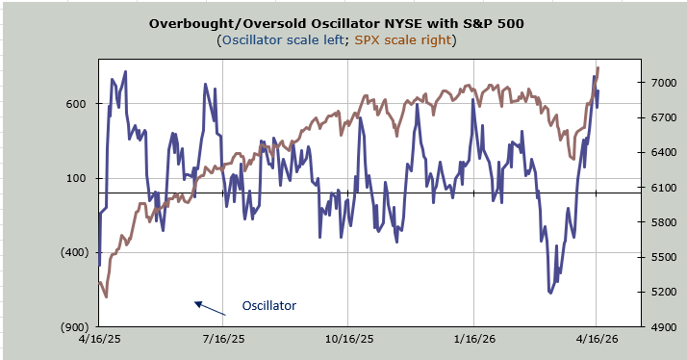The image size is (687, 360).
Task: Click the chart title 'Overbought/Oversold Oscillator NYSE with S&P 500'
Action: [336, 23]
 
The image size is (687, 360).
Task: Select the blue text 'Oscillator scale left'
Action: [283, 40]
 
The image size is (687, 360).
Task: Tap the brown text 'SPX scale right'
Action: [402, 40]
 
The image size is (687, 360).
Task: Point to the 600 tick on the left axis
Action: [77, 104]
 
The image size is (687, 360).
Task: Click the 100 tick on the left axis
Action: [77, 178]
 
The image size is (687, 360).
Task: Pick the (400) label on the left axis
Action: [74, 252]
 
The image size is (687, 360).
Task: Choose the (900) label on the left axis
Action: [74, 327]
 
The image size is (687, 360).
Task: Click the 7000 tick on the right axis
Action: [662, 83]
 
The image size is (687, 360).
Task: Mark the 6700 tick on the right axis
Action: [662, 118]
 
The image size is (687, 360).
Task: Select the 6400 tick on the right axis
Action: [662, 153]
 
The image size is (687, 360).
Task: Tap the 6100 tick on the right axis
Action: [662, 188]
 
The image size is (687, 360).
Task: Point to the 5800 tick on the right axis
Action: [662, 222]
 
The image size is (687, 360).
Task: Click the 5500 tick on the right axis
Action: [662, 257]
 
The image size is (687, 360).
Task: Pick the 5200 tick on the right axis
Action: [662, 292]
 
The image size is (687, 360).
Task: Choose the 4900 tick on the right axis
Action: [662, 327]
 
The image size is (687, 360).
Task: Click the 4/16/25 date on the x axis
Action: [99, 339]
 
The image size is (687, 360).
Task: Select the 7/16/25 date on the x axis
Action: [223, 339]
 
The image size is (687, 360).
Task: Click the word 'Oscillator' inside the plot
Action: [269, 306]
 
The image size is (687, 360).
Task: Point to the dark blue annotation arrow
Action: [210, 308]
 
